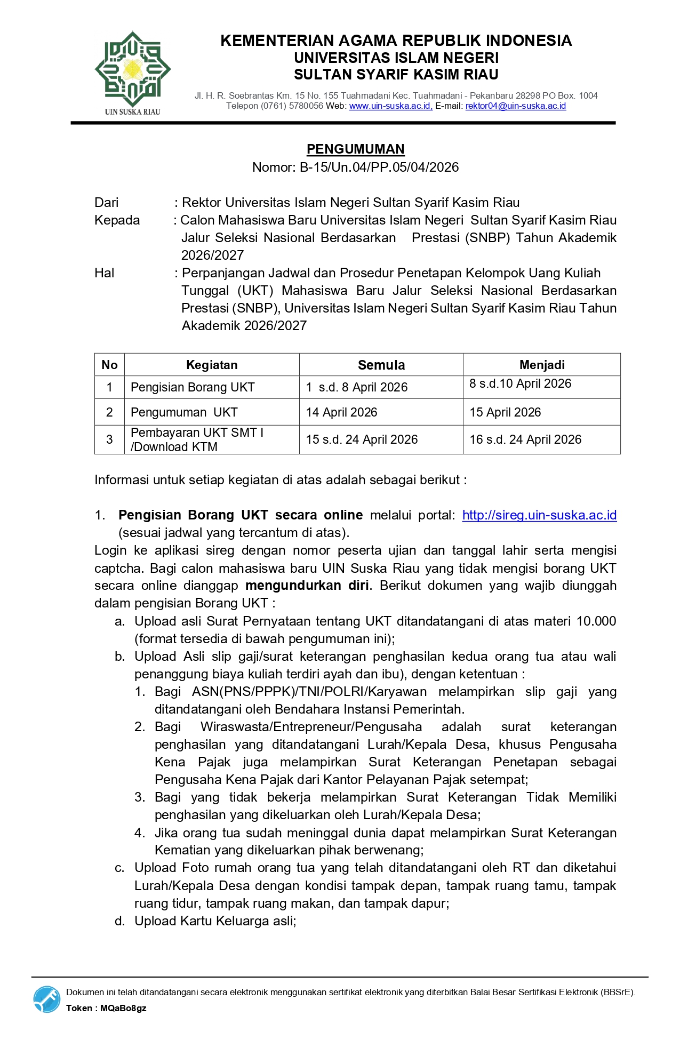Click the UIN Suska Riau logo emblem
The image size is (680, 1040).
point(132,69)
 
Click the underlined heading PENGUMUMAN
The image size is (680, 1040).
point(355,149)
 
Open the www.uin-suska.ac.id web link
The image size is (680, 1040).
point(390,106)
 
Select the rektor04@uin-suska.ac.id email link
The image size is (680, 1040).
point(515,106)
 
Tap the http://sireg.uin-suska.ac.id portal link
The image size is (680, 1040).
point(539,515)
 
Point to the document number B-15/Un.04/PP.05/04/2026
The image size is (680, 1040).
point(379,167)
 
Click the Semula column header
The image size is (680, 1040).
point(381,365)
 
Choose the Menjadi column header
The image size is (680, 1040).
point(541,365)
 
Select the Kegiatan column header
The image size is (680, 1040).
point(212,365)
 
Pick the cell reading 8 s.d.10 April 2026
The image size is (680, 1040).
point(520,384)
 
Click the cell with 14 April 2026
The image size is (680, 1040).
point(341,412)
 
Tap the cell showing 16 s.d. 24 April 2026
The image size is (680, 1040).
point(525,439)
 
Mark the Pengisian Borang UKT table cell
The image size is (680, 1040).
point(193,388)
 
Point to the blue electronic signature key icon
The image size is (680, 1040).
point(47,999)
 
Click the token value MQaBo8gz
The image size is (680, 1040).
point(123,1008)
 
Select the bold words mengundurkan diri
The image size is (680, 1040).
point(307,586)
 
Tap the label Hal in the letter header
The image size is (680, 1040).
point(105,273)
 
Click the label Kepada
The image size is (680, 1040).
point(117,220)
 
